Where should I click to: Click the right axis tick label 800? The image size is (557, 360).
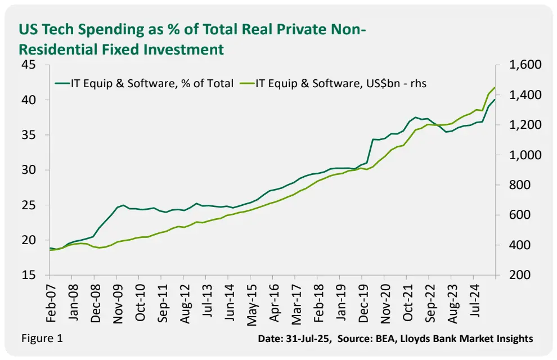click(519, 185)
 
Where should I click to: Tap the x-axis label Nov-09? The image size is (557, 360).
click(118, 303)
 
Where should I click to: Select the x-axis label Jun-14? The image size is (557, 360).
click(228, 303)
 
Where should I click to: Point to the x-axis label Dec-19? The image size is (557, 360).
click(362, 303)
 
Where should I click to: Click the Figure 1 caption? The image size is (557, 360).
click(42, 338)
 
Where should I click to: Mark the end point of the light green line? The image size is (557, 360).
click(495, 88)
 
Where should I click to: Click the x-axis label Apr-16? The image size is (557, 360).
click(273, 303)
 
